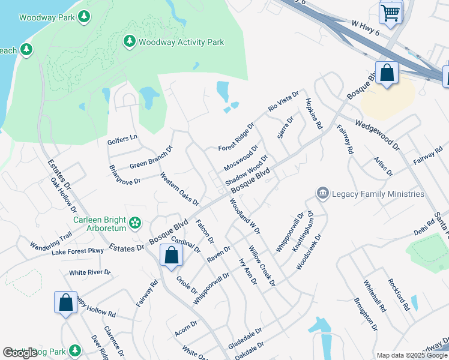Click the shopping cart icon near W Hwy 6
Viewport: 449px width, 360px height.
tap(391, 12)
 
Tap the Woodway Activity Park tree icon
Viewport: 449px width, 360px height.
tap(129, 41)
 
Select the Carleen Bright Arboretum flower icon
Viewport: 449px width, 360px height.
tap(136, 223)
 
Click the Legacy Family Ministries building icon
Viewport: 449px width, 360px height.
tap(323, 193)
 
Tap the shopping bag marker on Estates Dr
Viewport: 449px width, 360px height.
tap(172, 255)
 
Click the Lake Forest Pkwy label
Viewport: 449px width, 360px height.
tap(77, 251)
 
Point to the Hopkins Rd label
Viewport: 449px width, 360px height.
tap(314, 114)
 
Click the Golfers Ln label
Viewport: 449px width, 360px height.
tap(122, 139)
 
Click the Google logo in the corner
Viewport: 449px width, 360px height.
tap(20, 353)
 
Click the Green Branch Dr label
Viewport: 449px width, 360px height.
tap(151, 158)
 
